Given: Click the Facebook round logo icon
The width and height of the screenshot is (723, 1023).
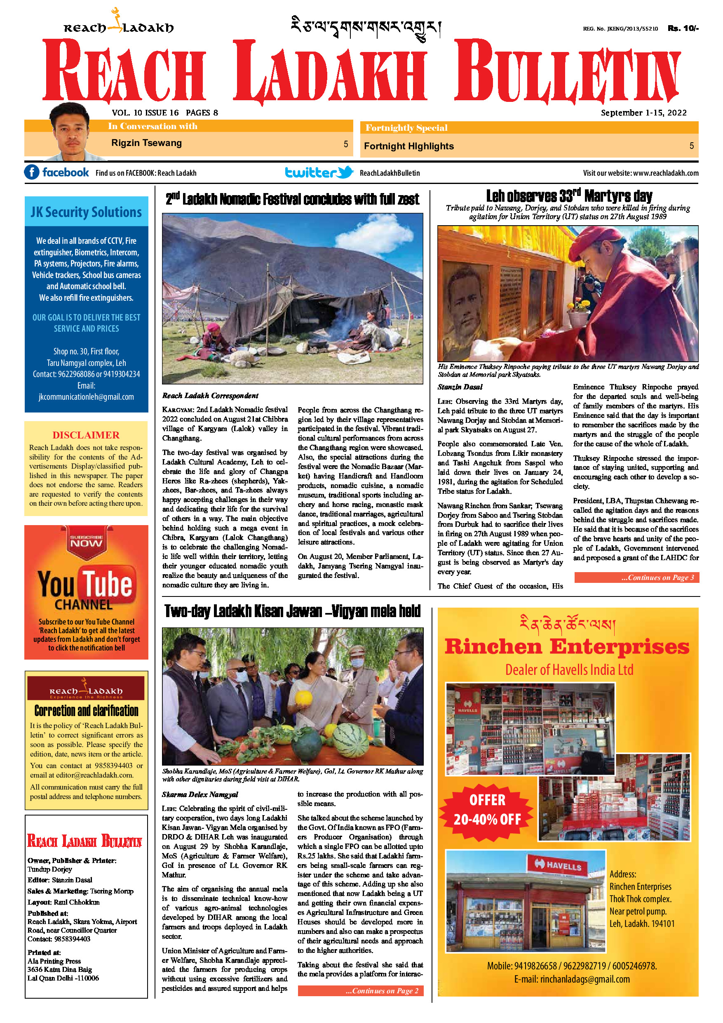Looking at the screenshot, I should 32,172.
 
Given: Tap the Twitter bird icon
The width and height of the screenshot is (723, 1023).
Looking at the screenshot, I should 345,172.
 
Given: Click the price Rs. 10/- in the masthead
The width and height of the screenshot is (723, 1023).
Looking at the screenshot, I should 683,28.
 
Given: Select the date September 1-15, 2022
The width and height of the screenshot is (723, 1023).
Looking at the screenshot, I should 643,113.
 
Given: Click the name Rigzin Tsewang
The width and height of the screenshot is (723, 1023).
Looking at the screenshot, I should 146,143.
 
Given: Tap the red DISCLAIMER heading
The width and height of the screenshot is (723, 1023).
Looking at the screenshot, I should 86,435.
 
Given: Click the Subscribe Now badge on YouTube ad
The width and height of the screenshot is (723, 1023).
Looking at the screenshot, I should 87,541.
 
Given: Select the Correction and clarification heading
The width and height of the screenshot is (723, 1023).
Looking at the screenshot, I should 87,711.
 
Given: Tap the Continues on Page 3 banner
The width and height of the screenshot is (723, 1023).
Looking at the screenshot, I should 636,577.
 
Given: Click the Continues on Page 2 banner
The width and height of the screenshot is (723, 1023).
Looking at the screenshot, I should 360,991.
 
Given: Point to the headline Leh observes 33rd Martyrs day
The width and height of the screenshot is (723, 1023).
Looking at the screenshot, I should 568,196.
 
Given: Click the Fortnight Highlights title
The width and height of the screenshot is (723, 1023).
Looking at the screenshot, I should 408,146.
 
